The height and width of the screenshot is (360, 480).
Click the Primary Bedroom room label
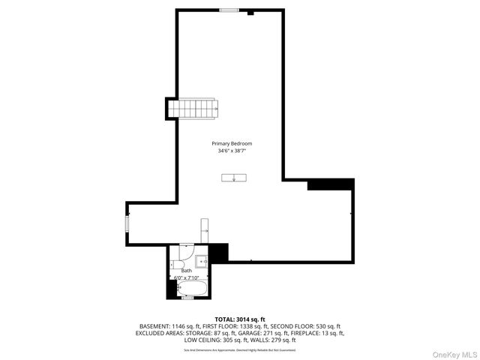coord(231,143)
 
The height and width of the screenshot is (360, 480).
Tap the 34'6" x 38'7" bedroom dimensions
coord(231,151)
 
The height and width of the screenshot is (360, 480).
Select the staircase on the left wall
coord(193,109)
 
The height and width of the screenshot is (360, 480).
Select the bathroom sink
coord(201,262)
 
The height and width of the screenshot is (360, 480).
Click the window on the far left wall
coord(127,223)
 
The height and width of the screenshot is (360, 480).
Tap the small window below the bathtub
coord(188,298)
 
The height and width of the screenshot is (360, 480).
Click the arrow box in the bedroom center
coord(235,178)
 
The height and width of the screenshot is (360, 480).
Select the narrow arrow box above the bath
coord(205,231)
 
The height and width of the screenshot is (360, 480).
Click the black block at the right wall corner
coord(330,184)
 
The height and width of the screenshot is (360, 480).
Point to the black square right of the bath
coord(218,253)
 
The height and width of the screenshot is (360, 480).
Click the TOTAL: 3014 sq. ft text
coord(240,319)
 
